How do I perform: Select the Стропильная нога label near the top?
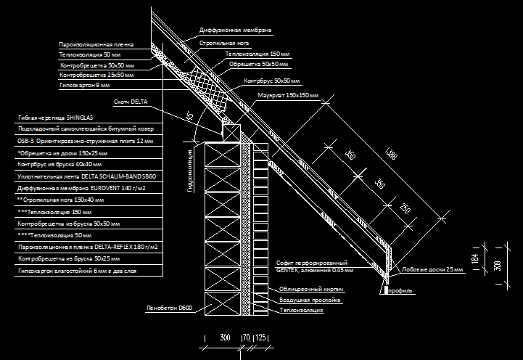click(x=224, y=43)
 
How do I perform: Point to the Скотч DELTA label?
click(x=131, y=102)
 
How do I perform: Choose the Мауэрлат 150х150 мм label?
click(x=288, y=95)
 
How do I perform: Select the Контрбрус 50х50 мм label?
click(x=272, y=81)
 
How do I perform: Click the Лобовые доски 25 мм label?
click(x=432, y=269)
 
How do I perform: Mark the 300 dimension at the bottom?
click(x=225, y=337)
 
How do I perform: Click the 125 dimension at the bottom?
click(x=260, y=337)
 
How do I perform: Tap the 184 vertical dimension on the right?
click(x=474, y=258)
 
